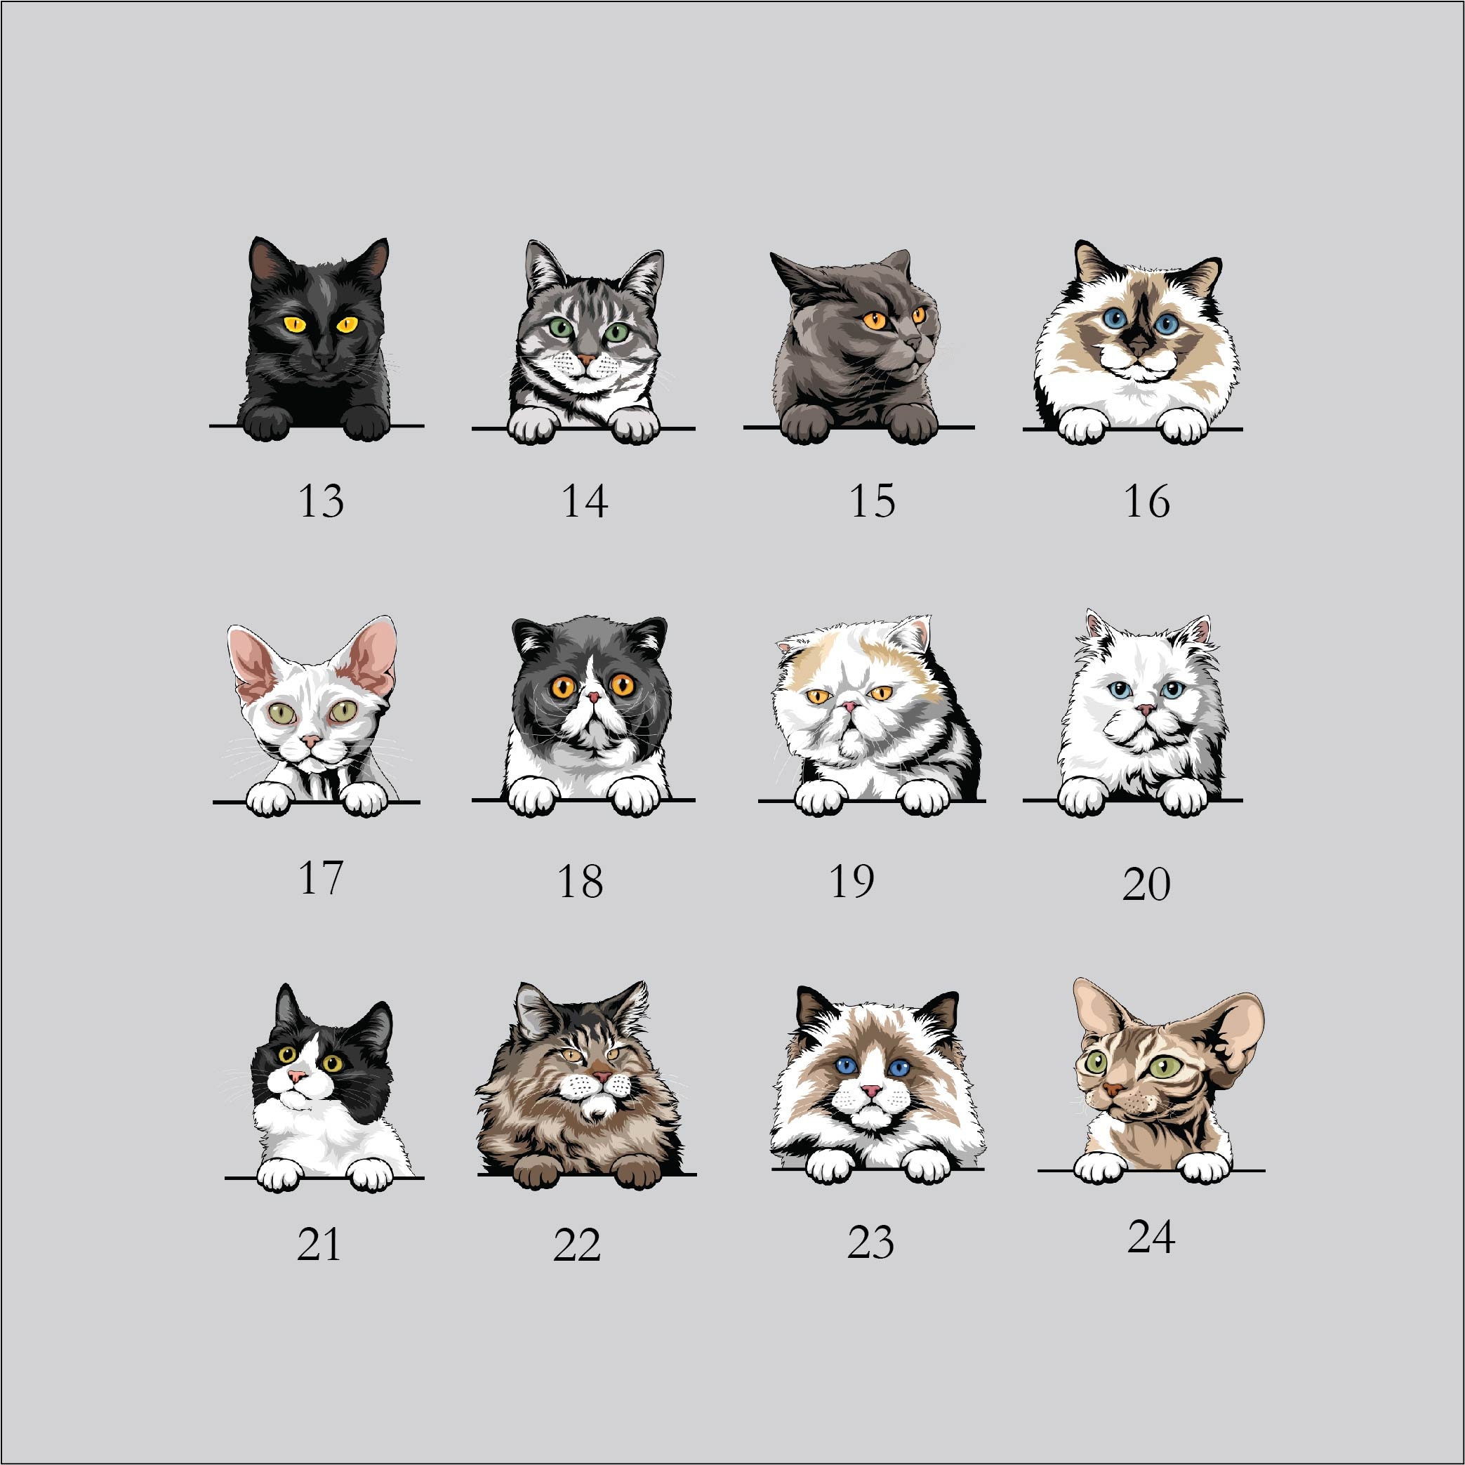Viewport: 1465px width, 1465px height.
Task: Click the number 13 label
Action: coord(321,501)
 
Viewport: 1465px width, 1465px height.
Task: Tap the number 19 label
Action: coord(852,881)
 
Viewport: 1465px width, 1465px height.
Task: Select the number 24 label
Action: coord(1151,1238)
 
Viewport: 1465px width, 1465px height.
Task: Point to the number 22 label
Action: coord(576,1245)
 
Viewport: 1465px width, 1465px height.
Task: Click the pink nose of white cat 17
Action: coord(309,739)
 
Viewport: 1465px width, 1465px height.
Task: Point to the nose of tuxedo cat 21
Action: coord(300,1078)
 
